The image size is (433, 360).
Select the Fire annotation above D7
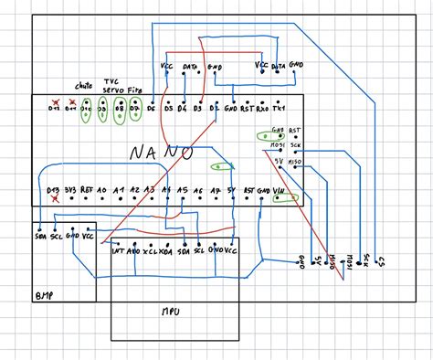point(135,90)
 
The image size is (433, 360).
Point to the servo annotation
point(111,90)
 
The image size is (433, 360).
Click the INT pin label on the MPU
point(117,249)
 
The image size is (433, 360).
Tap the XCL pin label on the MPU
point(150,249)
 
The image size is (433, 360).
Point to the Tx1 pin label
point(278,109)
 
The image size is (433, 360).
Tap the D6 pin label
point(150,109)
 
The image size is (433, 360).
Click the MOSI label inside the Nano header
point(278,144)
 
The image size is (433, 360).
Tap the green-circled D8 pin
point(119,111)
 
